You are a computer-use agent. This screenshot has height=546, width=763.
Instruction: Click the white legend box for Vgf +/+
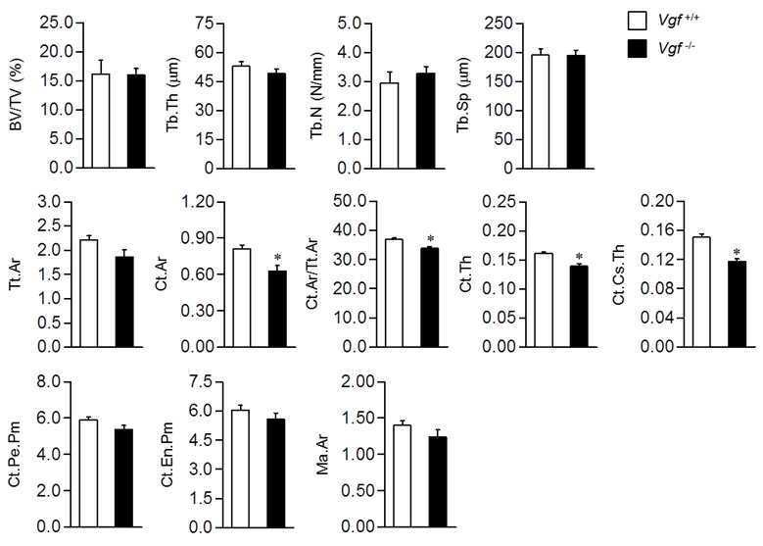pyautogui.click(x=637, y=21)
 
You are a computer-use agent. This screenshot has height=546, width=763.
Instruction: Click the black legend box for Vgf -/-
pyautogui.click(x=637, y=48)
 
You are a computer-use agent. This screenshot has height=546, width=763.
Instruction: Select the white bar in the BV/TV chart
pyautogui.click(x=100, y=121)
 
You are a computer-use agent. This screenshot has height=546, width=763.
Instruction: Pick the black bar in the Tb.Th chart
pyautogui.click(x=276, y=121)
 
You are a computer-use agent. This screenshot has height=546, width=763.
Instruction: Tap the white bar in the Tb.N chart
pyautogui.click(x=389, y=125)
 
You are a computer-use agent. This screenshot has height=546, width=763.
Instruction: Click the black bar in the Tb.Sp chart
pyautogui.click(x=576, y=112)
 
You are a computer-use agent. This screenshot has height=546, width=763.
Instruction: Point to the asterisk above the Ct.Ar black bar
pyautogui.click(x=277, y=258)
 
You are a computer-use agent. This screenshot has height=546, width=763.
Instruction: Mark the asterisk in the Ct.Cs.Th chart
pyautogui.click(x=737, y=252)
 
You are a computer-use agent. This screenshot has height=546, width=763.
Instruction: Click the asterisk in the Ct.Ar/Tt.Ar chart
pyautogui.click(x=430, y=238)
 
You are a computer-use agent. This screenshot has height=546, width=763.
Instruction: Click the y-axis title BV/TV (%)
pyautogui.click(x=17, y=94)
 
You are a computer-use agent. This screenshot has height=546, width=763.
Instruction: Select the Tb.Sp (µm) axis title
pyautogui.click(x=463, y=95)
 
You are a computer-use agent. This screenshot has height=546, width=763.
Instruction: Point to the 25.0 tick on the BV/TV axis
pyautogui.click(x=56, y=23)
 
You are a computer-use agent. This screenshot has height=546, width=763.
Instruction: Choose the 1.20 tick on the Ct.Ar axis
pyautogui.click(x=197, y=202)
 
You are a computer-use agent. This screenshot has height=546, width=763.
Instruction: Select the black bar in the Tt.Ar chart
pyautogui.click(x=124, y=302)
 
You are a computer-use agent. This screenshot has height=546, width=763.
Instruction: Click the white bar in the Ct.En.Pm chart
pyautogui.click(x=240, y=469)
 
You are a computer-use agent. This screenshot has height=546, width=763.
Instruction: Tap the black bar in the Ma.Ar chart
pyautogui.click(x=438, y=482)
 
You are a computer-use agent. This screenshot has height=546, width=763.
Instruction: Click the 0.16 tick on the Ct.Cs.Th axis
pyautogui.click(x=657, y=230)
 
